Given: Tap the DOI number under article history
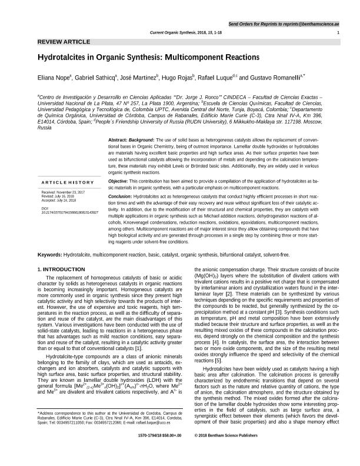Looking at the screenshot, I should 70,211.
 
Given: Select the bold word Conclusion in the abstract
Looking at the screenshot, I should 121,195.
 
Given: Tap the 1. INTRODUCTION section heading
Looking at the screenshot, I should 61,269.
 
